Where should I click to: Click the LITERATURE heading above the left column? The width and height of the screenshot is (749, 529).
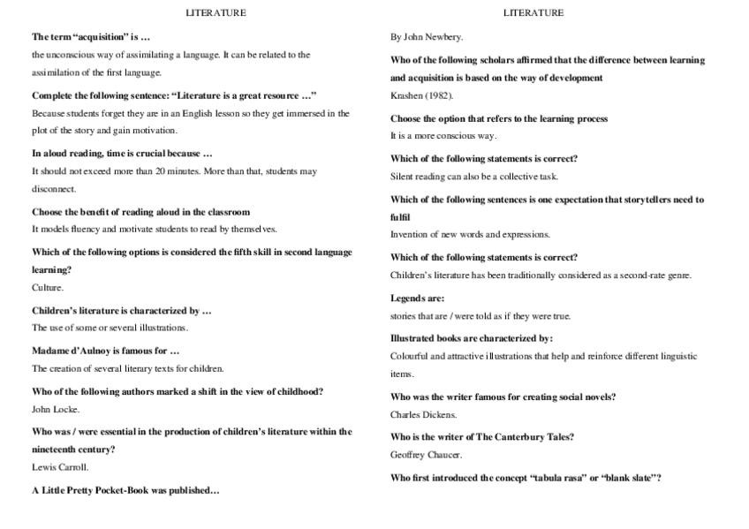tap(216, 13)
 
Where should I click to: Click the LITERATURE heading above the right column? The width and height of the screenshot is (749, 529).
tap(533, 13)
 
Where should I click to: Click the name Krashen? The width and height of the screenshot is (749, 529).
tap(406, 95)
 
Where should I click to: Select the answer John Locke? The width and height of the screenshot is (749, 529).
tap(56, 409)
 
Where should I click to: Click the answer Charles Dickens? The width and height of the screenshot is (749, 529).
tap(424, 414)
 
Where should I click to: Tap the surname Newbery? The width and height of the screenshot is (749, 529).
tap(444, 37)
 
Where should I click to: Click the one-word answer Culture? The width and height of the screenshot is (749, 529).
tap(48, 287)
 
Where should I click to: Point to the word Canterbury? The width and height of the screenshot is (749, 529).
tap(514, 437)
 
